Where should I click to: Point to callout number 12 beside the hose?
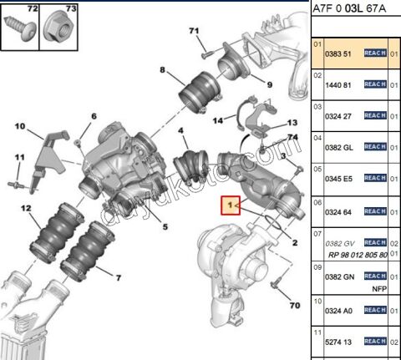click(x=27, y=208)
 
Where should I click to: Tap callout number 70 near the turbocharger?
click(x=293, y=305)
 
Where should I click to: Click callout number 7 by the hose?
click(x=117, y=276)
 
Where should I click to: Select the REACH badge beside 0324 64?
click(x=374, y=209)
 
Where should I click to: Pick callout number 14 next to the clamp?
click(x=217, y=120)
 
